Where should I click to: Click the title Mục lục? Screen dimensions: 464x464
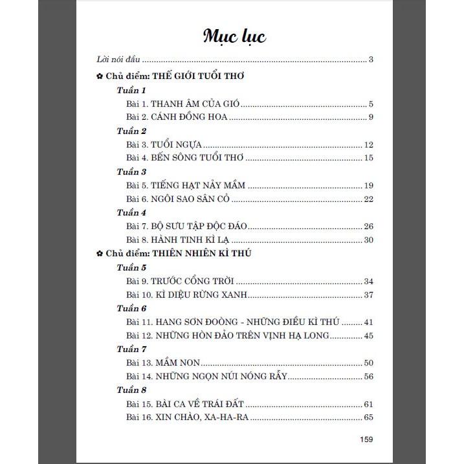tap(234, 36)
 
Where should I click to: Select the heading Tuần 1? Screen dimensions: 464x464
tap(131, 91)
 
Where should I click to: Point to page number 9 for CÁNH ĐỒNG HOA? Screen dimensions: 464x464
tap(371, 117)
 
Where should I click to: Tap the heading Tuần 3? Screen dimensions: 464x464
tap(131, 171)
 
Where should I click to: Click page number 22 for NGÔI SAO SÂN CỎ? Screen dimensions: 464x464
tap(369, 199)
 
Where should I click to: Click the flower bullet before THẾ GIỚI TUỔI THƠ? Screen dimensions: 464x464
tap(97, 76)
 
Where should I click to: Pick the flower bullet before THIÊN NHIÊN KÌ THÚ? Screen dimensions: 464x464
tap(97, 254)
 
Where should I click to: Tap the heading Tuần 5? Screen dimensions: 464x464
tap(131, 268)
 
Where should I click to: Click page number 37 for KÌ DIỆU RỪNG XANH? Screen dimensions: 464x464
tap(369, 295)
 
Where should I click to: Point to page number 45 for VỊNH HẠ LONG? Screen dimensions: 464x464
tap(369, 335)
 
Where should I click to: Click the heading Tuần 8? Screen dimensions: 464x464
tap(131, 390)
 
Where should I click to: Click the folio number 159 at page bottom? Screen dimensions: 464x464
tap(366, 439)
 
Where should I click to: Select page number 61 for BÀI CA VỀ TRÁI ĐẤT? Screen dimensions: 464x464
tap(369, 403)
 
